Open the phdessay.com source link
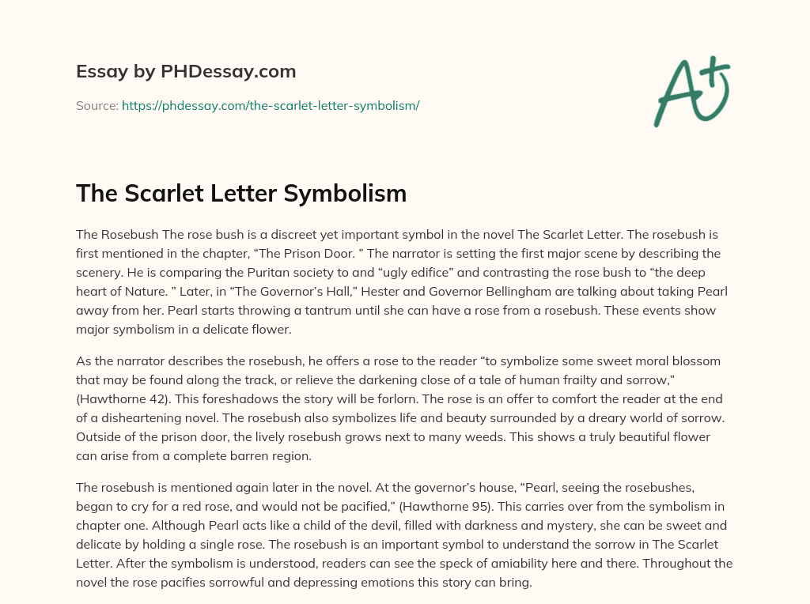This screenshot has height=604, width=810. click(x=271, y=105)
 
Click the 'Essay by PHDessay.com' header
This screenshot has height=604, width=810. click(x=186, y=72)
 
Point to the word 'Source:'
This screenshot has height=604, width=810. click(x=97, y=105)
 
